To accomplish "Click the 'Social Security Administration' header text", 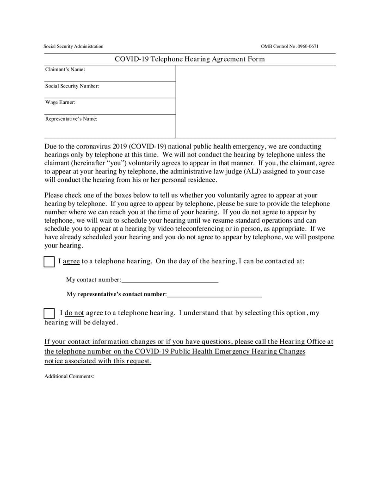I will click(x=74, y=46).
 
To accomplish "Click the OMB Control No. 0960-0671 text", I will click(x=290, y=46).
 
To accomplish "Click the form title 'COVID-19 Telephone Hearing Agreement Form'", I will click(x=190, y=59).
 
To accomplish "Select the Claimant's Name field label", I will click(x=65, y=70).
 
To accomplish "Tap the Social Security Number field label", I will click(x=72, y=86).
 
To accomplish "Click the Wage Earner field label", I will click(x=60, y=102).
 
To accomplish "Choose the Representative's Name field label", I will click(x=71, y=119).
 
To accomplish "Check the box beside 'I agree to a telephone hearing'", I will click(x=49, y=261).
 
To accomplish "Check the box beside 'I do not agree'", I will click(x=49, y=313).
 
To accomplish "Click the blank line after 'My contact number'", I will click(x=170, y=280).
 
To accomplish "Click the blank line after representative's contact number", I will click(x=215, y=294).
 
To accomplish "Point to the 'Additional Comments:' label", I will click(x=69, y=376).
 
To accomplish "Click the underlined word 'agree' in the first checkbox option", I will click(x=71, y=261).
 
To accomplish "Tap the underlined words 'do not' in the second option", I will click(x=74, y=313).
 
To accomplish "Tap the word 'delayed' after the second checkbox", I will click(x=105, y=322).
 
